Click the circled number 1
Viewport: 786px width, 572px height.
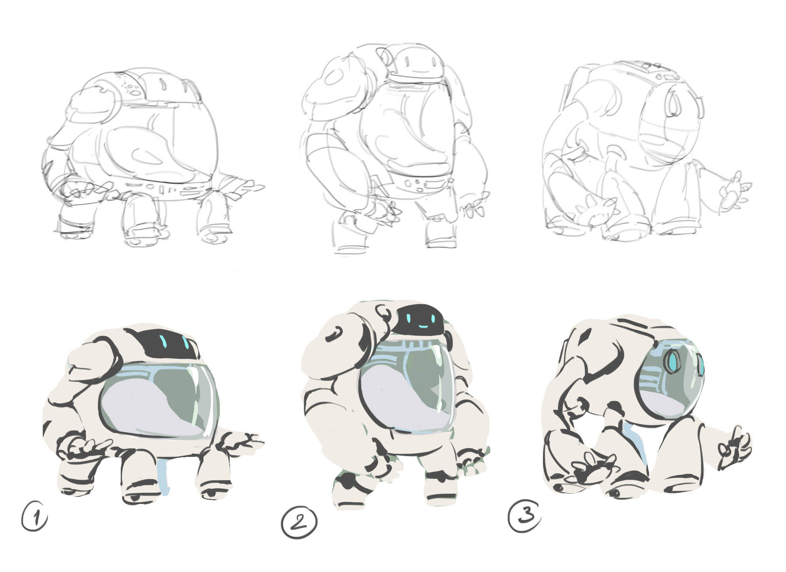[x=34, y=516]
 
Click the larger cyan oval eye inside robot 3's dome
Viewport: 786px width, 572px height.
[x=672, y=362]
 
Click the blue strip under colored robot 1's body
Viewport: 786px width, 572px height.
[x=162, y=475]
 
